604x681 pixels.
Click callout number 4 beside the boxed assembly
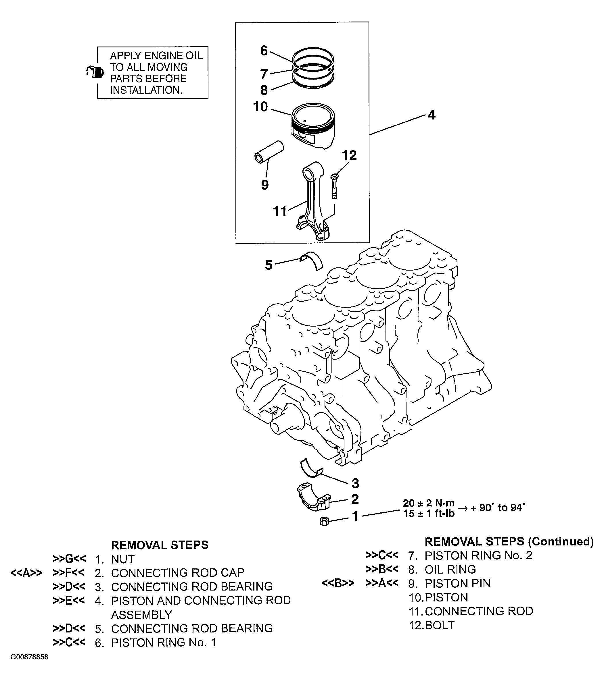432,115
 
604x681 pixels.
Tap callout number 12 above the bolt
349,156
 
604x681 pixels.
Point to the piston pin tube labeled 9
269,152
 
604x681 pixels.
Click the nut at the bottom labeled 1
324,521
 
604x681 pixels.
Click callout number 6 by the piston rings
264,51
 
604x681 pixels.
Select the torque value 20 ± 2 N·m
429,503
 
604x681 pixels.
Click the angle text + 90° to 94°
498,508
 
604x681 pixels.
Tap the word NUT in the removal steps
123,559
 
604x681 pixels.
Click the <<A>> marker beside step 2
26,573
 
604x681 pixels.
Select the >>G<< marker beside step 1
69,558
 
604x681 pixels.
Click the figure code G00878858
29,657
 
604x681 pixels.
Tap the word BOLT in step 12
440,625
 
